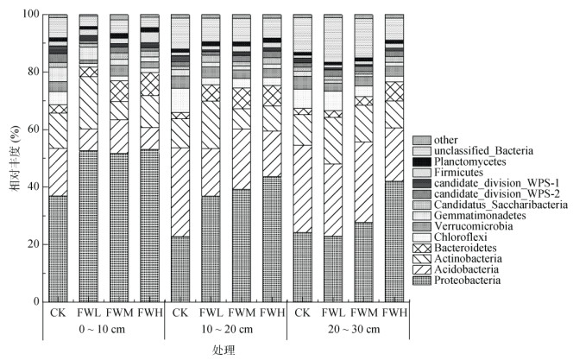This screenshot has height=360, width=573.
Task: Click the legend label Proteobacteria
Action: pyautogui.click(x=474, y=280)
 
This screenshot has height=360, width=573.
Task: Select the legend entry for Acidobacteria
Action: pyautogui.click(x=471, y=268)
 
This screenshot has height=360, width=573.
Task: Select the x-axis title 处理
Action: pyautogui.click(x=222, y=351)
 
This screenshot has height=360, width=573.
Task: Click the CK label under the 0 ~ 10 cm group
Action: pyautogui.click(x=58, y=311)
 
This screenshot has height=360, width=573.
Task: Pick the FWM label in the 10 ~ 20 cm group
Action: pyautogui.click(x=242, y=311)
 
